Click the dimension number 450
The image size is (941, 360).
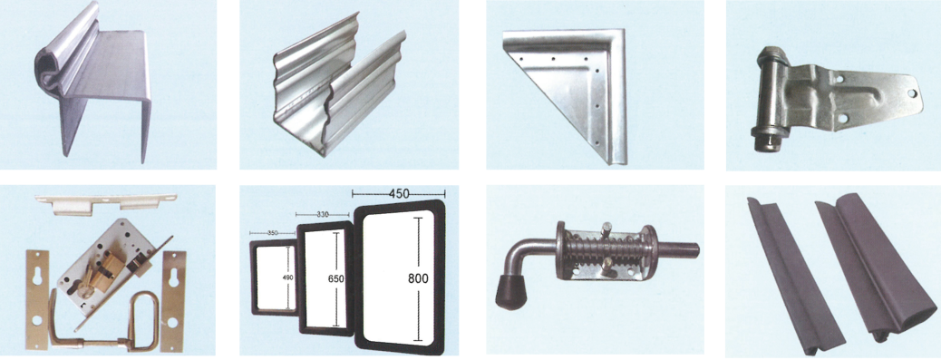tap(399, 193)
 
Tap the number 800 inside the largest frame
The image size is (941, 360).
tap(419, 279)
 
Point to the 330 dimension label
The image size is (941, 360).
tap(322, 213)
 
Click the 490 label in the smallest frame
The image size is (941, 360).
tap(287, 277)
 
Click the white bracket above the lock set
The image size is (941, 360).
tap(106, 202)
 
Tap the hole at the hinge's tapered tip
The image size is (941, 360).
tap(912, 93)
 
